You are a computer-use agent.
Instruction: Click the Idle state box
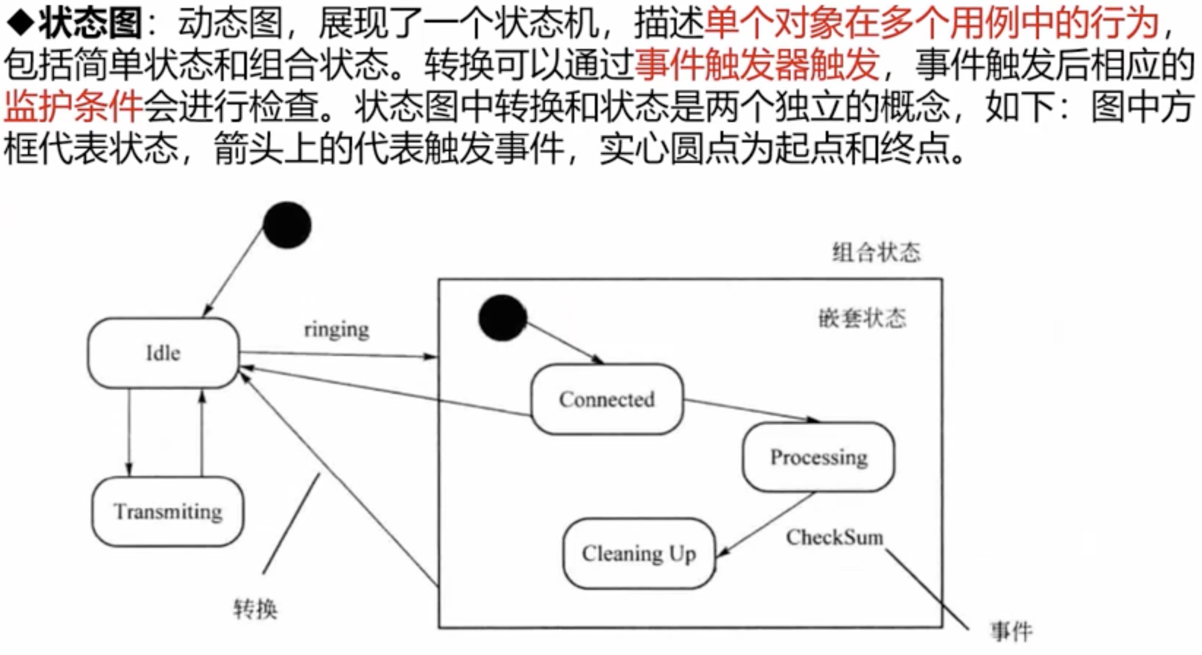tap(163, 353)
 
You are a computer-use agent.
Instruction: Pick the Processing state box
tap(818, 457)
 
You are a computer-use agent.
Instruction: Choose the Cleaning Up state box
tap(639, 554)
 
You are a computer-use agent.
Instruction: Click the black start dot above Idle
tap(287, 225)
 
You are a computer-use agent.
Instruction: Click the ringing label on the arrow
tap(336, 330)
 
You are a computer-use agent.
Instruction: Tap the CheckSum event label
tap(835, 537)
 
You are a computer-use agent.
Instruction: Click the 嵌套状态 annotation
tap(862, 318)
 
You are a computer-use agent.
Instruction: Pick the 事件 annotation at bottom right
tap(1011, 632)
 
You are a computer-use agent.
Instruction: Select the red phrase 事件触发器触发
tap(757, 65)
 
